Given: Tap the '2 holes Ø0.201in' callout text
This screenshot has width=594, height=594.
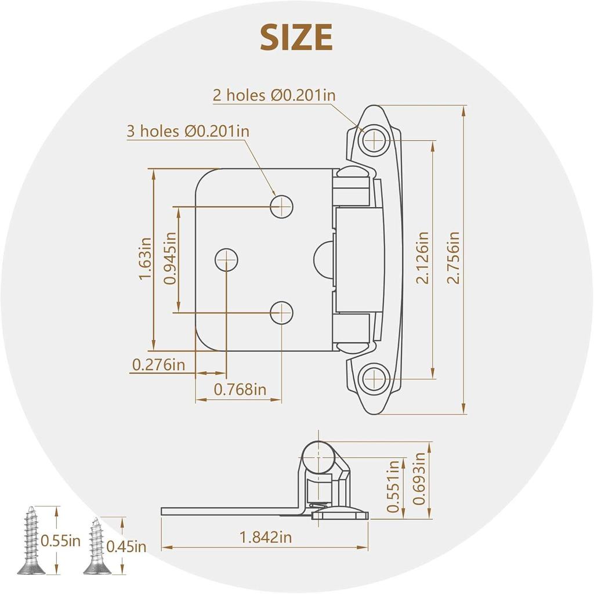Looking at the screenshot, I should pyautogui.click(x=274, y=95).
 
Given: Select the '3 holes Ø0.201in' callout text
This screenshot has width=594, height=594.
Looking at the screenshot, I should pyautogui.click(x=188, y=131).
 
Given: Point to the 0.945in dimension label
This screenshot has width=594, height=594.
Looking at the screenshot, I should pyautogui.click(x=169, y=258).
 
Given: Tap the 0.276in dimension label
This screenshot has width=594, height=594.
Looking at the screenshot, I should pyautogui.click(x=158, y=365).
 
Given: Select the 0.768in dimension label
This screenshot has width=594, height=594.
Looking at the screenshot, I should pyautogui.click(x=240, y=389).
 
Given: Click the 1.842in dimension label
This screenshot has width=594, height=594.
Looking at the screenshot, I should pyautogui.click(x=266, y=537).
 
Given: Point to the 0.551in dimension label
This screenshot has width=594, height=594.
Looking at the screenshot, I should pyautogui.click(x=394, y=486).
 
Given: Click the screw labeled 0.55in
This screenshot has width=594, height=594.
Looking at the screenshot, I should pyautogui.click(x=31, y=541).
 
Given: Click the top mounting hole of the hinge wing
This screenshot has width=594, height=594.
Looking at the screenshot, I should pyautogui.click(x=375, y=140).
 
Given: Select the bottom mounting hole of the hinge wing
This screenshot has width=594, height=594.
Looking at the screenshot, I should pyautogui.click(x=375, y=379).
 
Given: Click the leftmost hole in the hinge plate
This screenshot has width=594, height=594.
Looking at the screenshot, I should pyautogui.click(x=227, y=259).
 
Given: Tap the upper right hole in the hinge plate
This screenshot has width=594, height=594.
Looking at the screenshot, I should pyautogui.click(x=281, y=205).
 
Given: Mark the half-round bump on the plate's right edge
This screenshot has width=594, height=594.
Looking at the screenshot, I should pyautogui.click(x=324, y=260).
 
